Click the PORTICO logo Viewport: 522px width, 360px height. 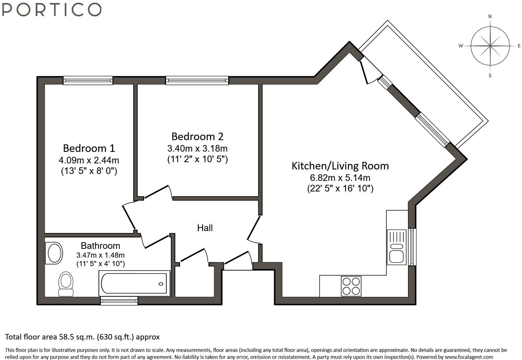pos(52,9)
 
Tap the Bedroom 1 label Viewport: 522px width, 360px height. pos(89,148)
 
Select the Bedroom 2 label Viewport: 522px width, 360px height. pos(197,137)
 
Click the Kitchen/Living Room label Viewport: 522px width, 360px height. pos(340,166)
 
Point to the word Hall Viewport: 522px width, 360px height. pos(205,228)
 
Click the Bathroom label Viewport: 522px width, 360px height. pos(100,246)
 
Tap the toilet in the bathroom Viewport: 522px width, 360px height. pos(66,284)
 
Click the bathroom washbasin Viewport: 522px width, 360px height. pos(54,253)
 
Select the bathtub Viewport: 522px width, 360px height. pos(134,284)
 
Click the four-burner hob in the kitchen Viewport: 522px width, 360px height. pos(351,286)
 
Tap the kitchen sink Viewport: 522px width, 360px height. pos(396,247)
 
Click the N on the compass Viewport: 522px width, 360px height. pos(490,17)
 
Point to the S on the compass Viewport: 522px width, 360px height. pos(490,76)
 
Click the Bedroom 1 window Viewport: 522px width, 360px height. pos(88,80)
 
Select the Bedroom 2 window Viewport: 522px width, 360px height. pos(197,80)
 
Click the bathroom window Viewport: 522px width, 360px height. pos(119,301)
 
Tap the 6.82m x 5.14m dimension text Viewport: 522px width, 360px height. pos(340,178)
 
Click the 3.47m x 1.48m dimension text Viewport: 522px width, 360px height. pos(100,255)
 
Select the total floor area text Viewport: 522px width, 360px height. pos(82,337)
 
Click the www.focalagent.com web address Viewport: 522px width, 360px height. pos(469,357)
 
